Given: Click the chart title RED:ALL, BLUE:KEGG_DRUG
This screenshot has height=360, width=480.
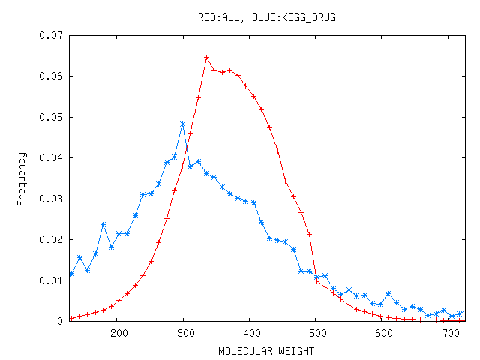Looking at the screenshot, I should [267, 17].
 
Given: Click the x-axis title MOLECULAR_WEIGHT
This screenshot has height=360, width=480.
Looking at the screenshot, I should [267, 350].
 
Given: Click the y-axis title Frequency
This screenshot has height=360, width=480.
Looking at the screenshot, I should [22, 178].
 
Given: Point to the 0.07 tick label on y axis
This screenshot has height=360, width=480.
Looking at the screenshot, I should [52, 35].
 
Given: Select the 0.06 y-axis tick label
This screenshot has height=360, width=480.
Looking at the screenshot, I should [52, 76].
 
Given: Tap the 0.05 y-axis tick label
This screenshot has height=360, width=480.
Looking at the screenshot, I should [52, 117].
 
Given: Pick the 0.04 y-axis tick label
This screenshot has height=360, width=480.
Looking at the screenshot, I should [52, 158].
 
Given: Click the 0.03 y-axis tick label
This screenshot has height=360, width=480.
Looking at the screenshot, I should [52, 199].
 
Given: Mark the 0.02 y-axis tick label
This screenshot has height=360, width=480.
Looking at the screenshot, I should [52, 240].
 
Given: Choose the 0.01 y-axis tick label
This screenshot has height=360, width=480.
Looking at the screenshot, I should [52, 280].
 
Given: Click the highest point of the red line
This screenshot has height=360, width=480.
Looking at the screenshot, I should [206, 58].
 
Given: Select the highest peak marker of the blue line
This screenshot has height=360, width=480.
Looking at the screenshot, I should [182, 124].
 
